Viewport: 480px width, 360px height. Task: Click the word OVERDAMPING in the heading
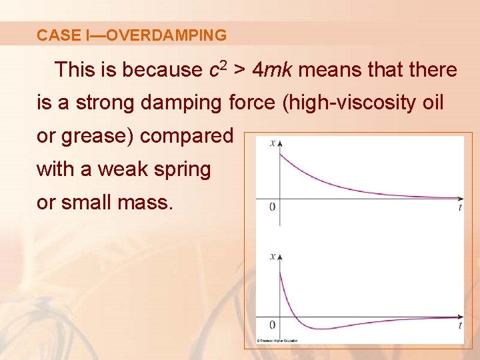coord(166,35)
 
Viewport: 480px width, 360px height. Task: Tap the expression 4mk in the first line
coord(275,69)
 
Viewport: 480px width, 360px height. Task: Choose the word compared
coord(186,136)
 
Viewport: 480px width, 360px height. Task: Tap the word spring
coord(185,169)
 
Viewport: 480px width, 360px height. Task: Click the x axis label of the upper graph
coord(271,142)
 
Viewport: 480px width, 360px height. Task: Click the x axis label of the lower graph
coord(271,255)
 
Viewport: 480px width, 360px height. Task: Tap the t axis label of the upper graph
coord(460,207)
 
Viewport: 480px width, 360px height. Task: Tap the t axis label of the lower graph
coord(460,325)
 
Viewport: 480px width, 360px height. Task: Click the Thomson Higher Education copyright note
coord(279,340)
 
